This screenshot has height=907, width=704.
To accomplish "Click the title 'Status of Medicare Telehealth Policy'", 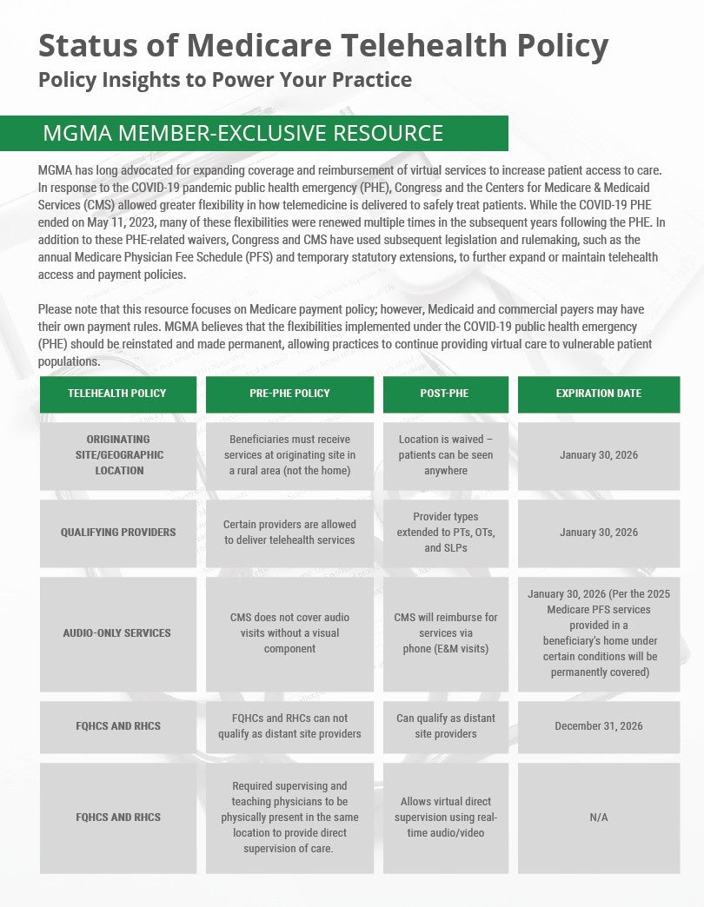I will click(x=322, y=44).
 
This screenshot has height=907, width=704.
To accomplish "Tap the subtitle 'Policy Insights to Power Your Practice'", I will click(x=224, y=81).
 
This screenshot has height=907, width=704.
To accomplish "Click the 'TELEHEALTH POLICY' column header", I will click(x=117, y=394).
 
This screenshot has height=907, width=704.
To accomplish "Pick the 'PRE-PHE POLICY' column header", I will click(x=289, y=394).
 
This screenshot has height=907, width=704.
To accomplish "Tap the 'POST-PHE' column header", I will click(x=445, y=394).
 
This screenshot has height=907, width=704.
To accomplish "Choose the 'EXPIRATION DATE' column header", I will click(x=598, y=394).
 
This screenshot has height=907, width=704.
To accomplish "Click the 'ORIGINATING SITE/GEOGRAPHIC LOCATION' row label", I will click(x=117, y=455).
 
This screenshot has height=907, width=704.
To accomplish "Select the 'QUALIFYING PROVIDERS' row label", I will click(x=117, y=533).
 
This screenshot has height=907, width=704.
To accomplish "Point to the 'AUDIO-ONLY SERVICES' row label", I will click(x=117, y=633).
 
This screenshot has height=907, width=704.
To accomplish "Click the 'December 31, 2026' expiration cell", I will click(x=598, y=726).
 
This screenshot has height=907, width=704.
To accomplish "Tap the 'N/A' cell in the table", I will click(x=598, y=818).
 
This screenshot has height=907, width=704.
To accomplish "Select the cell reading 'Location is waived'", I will click(x=445, y=455).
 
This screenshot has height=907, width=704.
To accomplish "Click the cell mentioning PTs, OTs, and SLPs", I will click(x=445, y=533).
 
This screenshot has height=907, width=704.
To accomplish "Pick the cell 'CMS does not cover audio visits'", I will click(x=289, y=633).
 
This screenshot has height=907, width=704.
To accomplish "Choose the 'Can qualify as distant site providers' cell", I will click(x=445, y=726).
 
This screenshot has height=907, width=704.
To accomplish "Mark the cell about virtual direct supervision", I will click(x=445, y=818).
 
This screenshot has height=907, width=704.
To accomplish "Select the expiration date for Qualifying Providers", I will click(x=598, y=533).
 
